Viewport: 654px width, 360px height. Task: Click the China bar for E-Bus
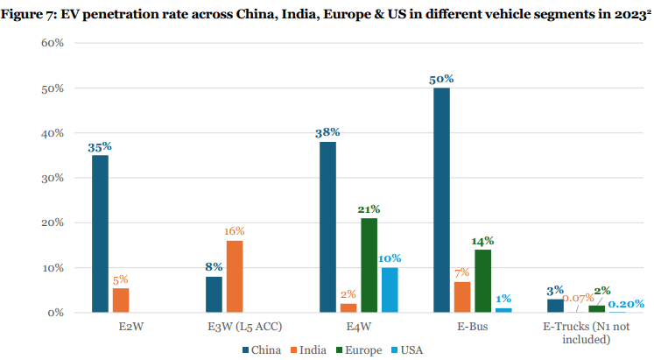tap(442, 200)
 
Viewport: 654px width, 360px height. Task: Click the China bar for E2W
tap(101, 233)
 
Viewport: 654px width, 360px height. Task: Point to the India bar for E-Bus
tap(462, 296)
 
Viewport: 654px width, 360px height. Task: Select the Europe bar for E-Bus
tap(483, 280)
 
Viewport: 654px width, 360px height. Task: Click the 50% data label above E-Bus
tap(441, 79)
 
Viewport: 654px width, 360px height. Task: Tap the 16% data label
tap(234, 231)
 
